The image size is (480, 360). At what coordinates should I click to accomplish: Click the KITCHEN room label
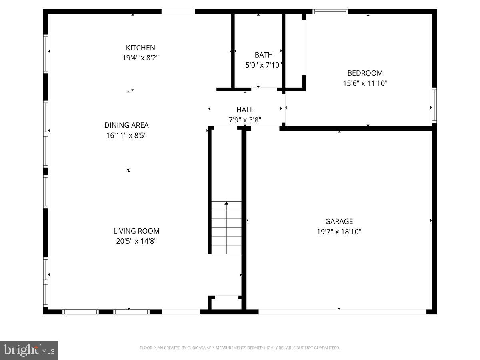tap(140, 48)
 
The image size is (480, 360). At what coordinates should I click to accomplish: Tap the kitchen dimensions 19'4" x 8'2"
tap(140, 58)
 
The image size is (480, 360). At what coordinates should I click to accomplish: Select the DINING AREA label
tap(126, 125)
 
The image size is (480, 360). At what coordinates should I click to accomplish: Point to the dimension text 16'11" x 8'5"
tap(126, 136)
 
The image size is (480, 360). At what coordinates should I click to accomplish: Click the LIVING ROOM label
tap(136, 231)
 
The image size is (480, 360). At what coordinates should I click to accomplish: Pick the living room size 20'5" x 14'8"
tap(136, 241)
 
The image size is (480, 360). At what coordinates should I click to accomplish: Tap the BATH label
tap(264, 55)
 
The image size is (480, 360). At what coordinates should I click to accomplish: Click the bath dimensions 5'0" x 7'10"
tap(264, 65)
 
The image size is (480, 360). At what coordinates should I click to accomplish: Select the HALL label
tap(245, 110)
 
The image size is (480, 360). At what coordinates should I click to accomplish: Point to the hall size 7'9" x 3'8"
tap(245, 120)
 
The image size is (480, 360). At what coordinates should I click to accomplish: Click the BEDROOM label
tap(365, 73)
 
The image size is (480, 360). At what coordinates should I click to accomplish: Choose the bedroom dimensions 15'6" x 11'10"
tap(365, 83)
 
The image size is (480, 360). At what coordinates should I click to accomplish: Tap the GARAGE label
tap(339, 221)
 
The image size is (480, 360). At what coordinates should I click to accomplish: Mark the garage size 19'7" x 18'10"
tap(339, 231)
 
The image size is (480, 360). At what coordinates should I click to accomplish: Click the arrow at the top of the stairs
tap(226, 204)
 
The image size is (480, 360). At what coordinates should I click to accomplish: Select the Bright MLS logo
tap(29, 350)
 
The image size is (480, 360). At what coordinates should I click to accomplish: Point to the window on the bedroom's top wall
tap(330, 12)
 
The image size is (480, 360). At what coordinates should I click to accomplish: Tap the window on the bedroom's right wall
tap(434, 105)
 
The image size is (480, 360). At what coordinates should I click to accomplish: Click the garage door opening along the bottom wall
tap(342, 311)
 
